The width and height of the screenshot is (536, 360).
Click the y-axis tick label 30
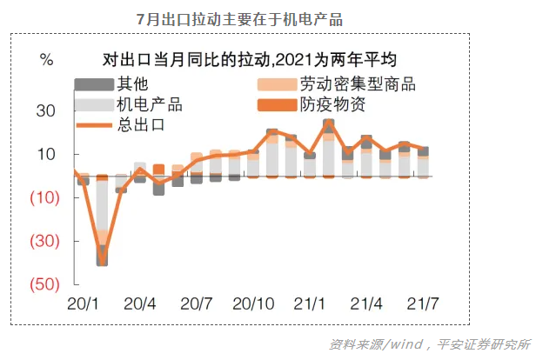[x=46, y=111]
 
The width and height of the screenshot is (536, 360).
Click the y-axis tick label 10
[x=46, y=155]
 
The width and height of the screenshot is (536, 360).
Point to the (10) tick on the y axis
[x=44, y=198]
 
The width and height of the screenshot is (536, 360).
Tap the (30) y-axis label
[x=44, y=242]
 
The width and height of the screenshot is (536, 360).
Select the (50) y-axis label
[x=44, y=285]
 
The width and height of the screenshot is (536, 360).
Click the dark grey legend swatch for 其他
[x=94, y=85]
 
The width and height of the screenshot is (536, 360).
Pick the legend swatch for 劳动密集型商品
[x=277, y=85]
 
